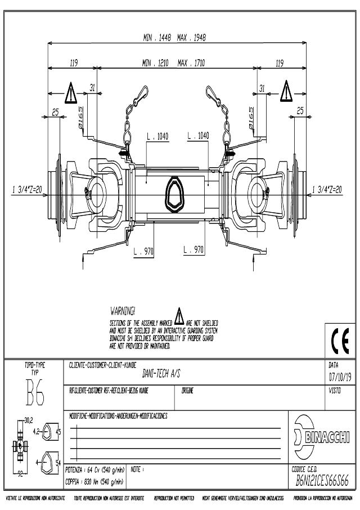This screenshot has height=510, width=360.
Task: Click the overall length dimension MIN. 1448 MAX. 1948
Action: click(x=174, y=38)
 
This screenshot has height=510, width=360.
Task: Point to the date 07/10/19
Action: click(x=339, y=376)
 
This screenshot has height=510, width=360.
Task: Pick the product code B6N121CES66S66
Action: click(x=322, y=480)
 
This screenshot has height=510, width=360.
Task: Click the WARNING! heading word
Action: click(x=123, y=311)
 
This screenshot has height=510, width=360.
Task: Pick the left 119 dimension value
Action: click(x=73, y=64)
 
